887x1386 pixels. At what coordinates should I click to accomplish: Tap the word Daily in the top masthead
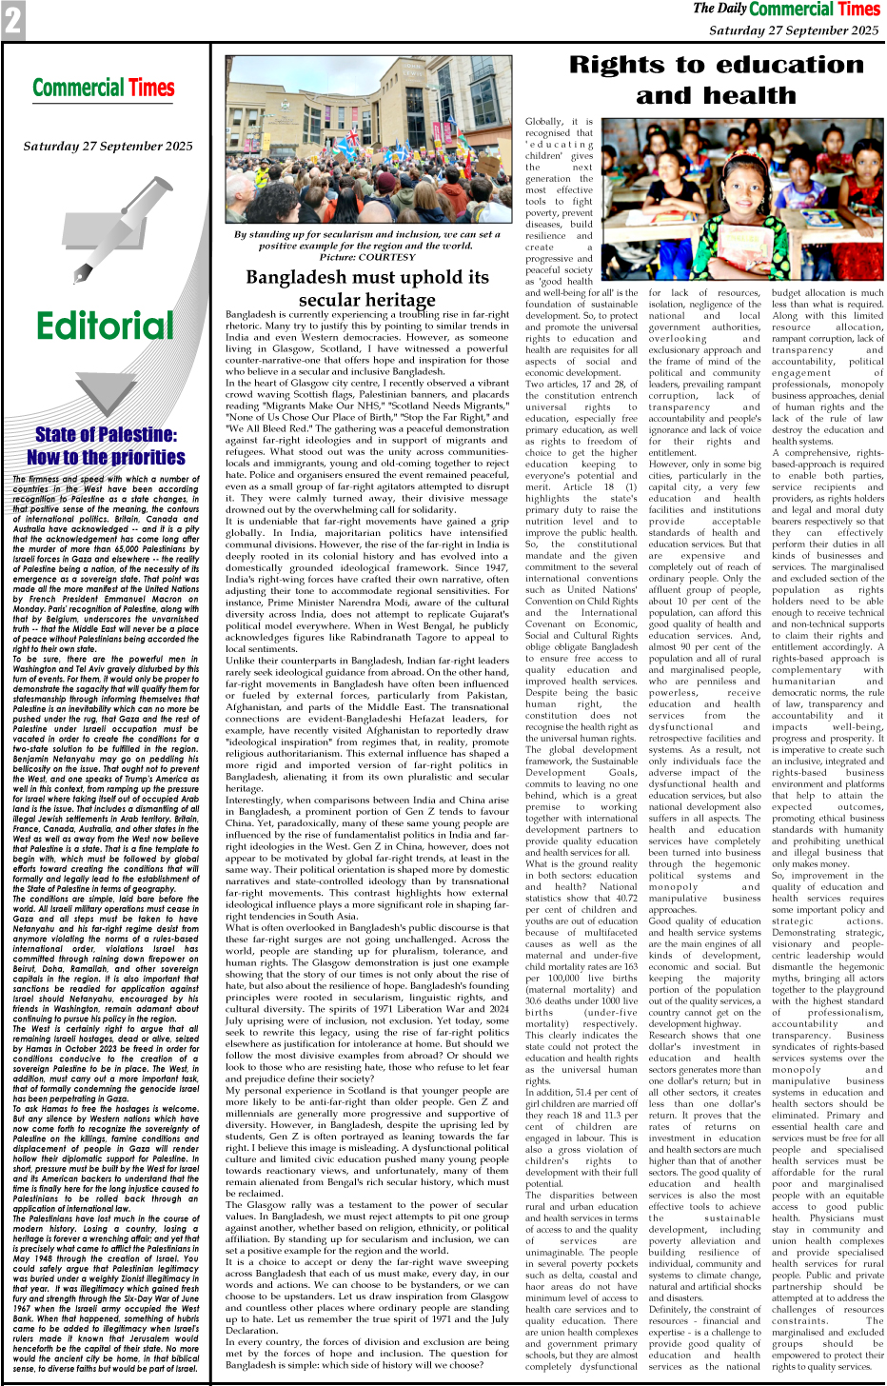click(732, 10)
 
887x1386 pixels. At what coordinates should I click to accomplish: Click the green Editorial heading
click(105, 326)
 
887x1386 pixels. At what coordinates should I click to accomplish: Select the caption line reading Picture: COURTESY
click(367, 257)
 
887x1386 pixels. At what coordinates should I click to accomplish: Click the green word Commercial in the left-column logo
click(80, 89)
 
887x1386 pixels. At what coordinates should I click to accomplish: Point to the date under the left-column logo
click(108, 147)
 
